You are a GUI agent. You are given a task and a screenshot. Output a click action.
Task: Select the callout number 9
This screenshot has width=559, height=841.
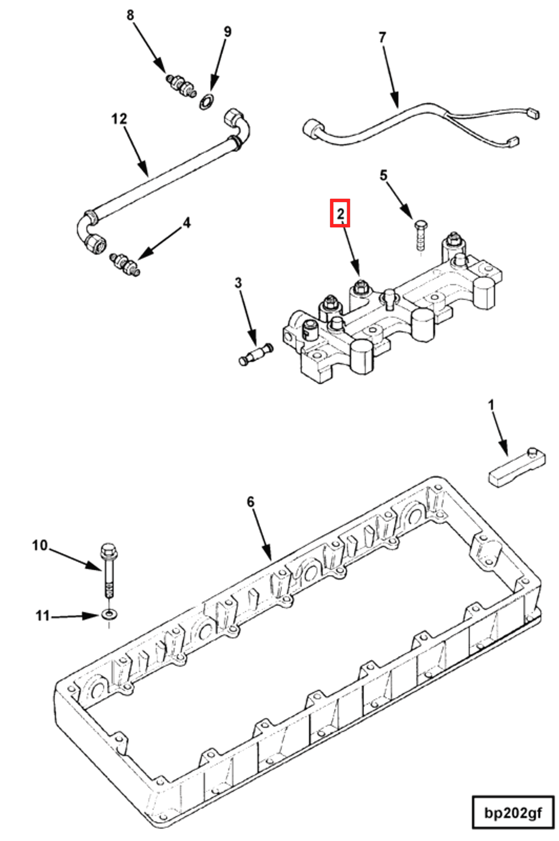click(x=227, y=32)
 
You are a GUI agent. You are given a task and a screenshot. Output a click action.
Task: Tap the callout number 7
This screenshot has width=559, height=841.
click(x=382, y=37)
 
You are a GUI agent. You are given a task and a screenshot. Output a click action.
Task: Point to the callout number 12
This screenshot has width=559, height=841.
click(x=119, y=119)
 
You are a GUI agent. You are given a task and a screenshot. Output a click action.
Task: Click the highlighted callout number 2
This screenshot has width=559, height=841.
click(x=340, y=213)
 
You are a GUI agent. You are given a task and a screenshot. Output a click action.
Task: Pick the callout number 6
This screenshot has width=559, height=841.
click(x=251, y=502)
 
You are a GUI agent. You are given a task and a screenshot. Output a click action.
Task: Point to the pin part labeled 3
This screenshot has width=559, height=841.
click(x=255, y=355)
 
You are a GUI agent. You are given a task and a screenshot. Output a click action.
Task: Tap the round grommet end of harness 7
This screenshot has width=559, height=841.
click(x=313, y=129)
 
